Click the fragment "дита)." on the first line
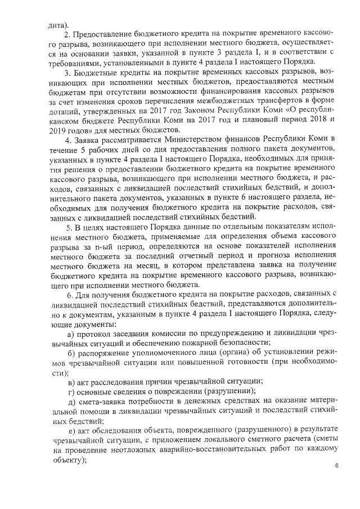click(x=58, y=25)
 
